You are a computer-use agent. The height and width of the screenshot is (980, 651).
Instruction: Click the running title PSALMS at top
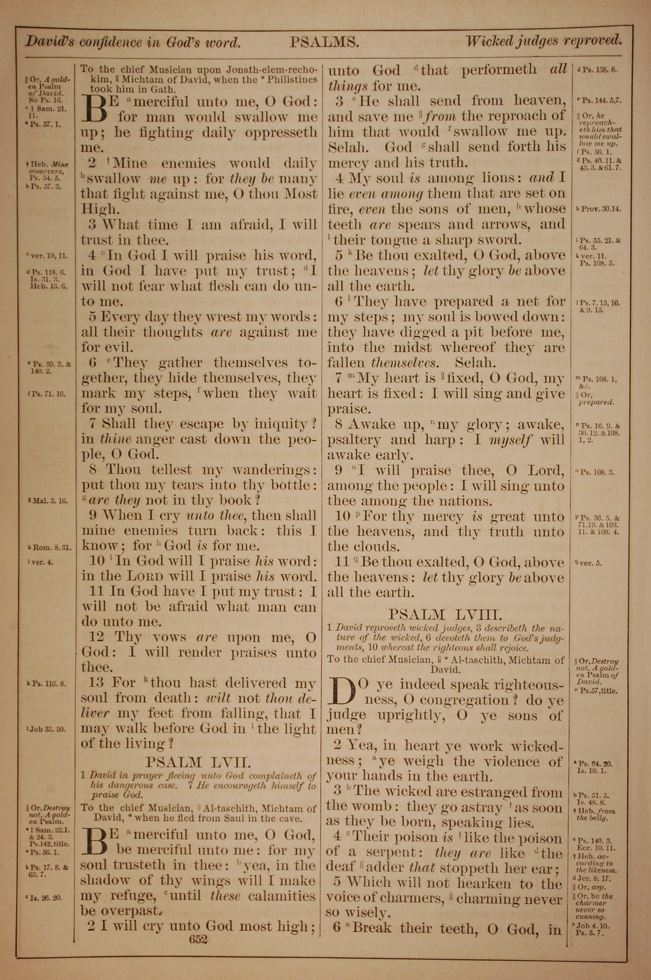(x=324, y=42)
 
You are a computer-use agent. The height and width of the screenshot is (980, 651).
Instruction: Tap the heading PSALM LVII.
(x=198, y=762)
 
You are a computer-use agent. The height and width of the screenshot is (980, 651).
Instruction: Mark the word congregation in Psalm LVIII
(x=464, y=700)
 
